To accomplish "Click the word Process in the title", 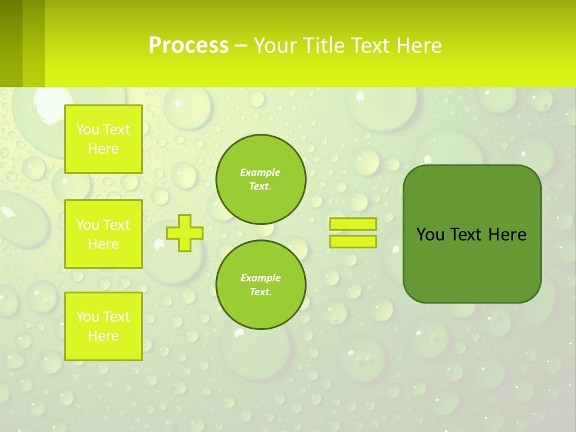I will pos(188,46).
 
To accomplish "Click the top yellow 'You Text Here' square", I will pos(103,139).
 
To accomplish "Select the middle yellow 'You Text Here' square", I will pos(103,234).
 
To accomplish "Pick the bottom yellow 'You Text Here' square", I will pos(103,326).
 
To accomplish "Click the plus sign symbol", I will pos(185,233).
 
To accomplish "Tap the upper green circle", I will pos(261,179).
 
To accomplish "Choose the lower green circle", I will pos(261,285).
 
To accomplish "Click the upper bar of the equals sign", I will pos(353,224).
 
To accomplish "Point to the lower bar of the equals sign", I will pos(353,242).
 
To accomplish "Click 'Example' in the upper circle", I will pos(260,172).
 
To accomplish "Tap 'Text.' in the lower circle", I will pos(260,292).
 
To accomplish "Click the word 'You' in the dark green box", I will pos(430,235).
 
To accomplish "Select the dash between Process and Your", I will pos(241,46).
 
